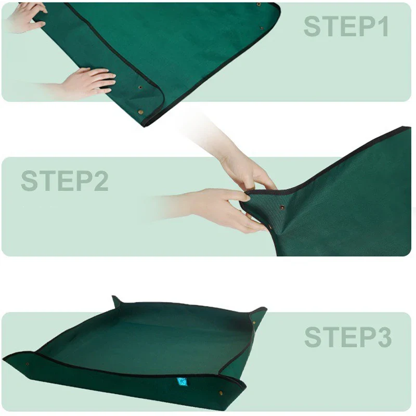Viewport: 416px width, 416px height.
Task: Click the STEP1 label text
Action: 346,27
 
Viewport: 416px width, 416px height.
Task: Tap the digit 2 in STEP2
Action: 99,181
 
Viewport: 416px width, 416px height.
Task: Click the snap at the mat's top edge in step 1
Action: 258,5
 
